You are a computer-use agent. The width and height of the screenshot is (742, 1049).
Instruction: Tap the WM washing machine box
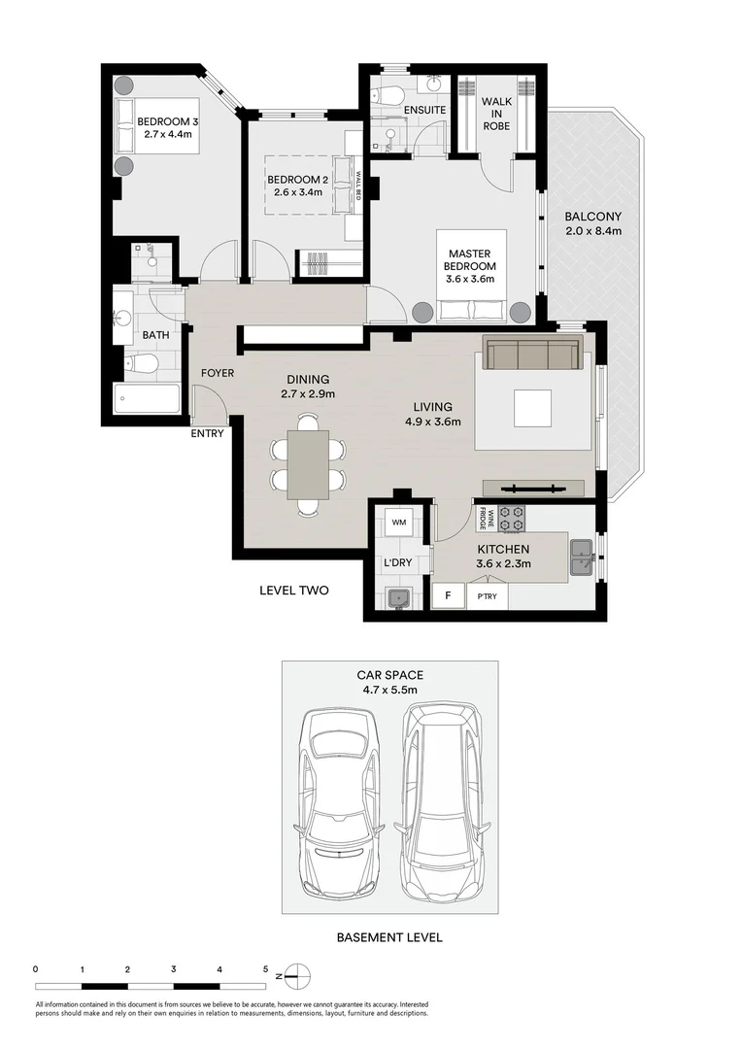(398, 523)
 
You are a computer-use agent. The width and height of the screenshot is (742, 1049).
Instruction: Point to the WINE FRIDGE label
(491, 520)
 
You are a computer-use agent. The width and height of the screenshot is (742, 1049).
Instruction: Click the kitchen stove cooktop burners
(512, 519)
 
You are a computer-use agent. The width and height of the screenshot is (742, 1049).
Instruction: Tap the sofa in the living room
(533, 354)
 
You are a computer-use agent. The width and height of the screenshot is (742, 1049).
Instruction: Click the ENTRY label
(207, 433)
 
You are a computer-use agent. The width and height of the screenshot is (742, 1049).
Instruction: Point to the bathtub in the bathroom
(147, 399)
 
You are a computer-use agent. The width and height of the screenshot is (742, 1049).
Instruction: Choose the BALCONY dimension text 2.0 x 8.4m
(593, 231)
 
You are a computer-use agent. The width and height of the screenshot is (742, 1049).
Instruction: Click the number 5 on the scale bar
(265, 968)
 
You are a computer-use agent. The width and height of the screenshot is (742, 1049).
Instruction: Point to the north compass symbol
(300, 975)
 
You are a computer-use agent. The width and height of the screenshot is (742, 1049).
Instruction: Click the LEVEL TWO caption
(293, 590)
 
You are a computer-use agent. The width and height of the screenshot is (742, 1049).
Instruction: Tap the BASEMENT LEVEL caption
(388, 937)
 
